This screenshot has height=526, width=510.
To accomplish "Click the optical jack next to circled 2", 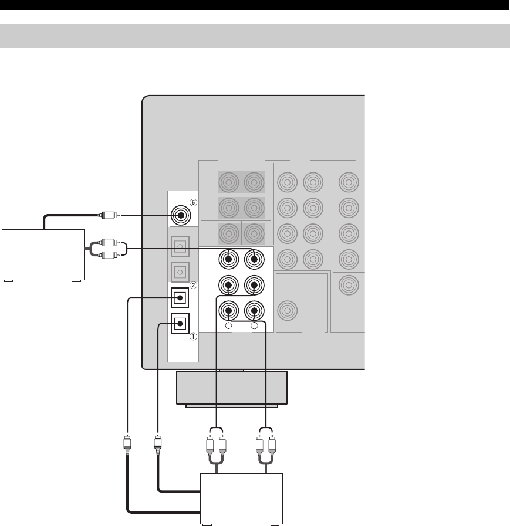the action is pos(178,298).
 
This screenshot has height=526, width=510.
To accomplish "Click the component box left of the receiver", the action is pos(43,255).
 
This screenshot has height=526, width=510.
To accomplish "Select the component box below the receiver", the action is pos(242,498).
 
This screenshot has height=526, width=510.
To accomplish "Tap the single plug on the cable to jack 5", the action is pos(110,215).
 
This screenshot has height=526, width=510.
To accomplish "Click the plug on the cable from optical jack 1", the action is pos(157,443).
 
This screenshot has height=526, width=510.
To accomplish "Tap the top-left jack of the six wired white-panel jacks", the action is pos(228,257).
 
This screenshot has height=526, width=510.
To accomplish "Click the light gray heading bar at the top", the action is pos(255,36).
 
